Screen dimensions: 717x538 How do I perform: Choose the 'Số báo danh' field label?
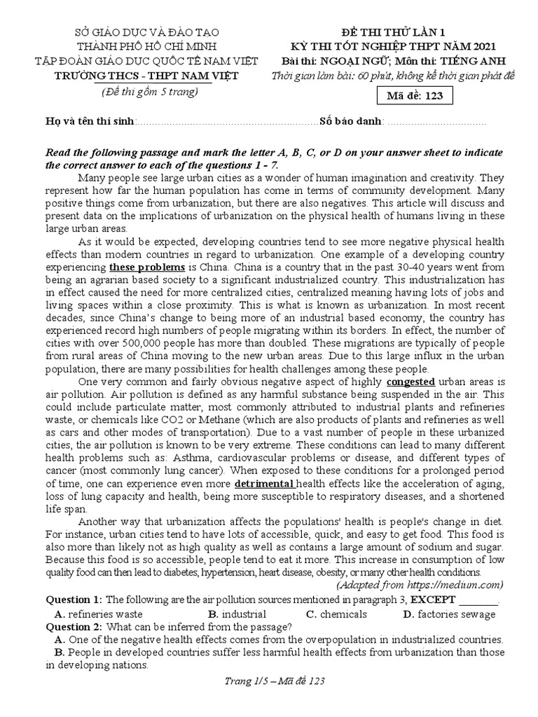351,121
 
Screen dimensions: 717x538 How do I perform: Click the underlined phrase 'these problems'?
146,268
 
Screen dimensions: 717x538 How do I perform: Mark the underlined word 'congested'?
411,382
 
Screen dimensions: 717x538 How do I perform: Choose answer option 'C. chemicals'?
336,614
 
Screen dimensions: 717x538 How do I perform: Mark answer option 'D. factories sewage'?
449,614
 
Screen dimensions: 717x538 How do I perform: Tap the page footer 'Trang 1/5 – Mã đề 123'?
270,681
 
